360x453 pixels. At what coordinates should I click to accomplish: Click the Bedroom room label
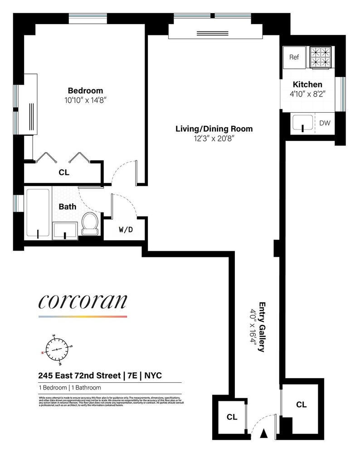pos(85,90)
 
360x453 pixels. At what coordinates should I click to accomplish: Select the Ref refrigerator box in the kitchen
pos(294,58)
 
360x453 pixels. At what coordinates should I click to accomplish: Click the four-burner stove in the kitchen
pos(320,58)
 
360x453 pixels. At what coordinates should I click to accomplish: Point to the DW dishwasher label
pos(325,123)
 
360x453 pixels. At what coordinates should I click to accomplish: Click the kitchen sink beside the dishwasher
pos(302,123)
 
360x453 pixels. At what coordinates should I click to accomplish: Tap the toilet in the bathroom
pos(90,225)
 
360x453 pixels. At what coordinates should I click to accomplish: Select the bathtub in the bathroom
pos(38,212)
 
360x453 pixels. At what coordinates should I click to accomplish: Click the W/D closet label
pos(126,230)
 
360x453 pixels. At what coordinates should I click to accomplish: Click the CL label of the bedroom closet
pos(64,172)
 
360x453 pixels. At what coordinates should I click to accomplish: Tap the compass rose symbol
pos(57,350)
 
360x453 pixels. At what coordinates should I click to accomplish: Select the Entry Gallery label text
pos(262,327)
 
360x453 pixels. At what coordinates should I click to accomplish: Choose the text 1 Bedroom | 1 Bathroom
pos(69,388)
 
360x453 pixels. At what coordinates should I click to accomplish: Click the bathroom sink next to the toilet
pos(65,230)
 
